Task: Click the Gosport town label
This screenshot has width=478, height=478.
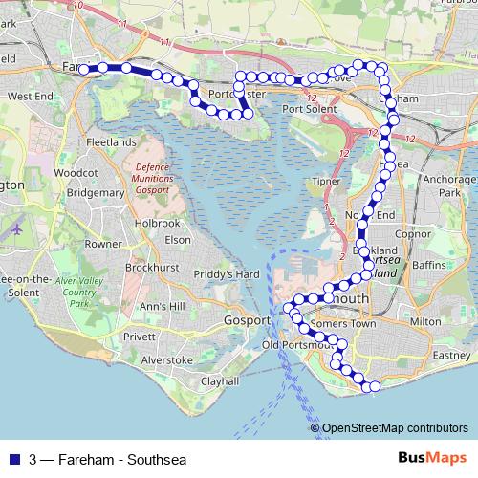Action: coord(249,319)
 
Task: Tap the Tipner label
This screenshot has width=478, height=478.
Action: coord(325,180)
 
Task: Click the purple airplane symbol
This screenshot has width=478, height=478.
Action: coord(17,229)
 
